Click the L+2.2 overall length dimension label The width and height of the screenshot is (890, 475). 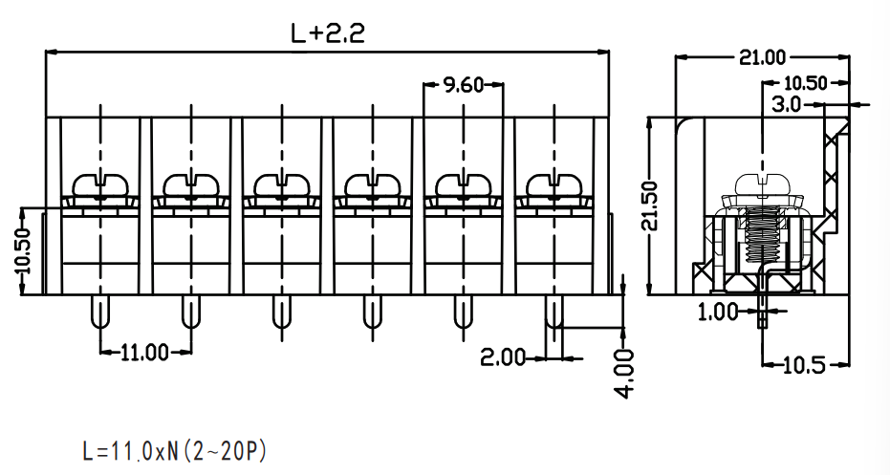point(328,33)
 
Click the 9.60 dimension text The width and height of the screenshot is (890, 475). point(463,85)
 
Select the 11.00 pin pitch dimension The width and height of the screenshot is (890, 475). point(145,353)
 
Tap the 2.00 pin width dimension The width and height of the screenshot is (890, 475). point(503,357)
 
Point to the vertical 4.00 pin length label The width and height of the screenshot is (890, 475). point(624,374)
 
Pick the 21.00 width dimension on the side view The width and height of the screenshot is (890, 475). point(762,57)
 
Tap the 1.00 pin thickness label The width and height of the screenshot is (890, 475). point(719,312)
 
